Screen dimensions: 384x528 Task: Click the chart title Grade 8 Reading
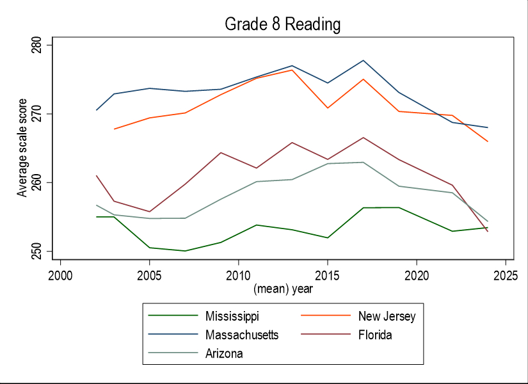tap(282, 25)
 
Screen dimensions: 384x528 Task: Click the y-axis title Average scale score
tap(22, 148)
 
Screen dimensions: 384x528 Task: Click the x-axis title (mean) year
tap(283, 289)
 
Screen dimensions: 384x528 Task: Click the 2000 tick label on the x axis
tap(60, 275)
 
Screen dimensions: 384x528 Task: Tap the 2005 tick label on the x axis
tap(149, 275)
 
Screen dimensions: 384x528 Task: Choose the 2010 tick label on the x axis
tap(238, 275)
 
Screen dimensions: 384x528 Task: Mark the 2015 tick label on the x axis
tap(327, 275)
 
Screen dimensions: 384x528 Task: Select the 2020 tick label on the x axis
tap(416, 275)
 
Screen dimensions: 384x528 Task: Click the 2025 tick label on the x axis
tap(505, 275)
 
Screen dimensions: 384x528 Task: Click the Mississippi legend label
tap(232, 316)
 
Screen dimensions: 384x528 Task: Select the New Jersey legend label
tap(387, 316)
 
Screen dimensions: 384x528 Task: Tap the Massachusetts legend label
tap(242, 335)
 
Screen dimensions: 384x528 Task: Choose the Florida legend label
tap(374, 335)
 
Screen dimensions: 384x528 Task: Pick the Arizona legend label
tap(224, 353)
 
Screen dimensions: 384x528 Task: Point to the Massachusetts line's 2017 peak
tap(363, 60)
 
